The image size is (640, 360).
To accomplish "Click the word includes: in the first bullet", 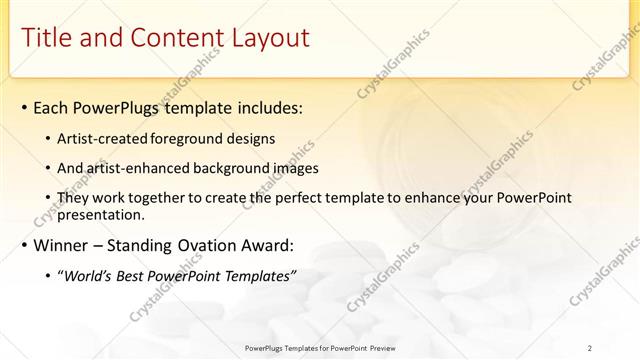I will (x=266, y=107).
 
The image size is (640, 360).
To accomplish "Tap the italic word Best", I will (x=135, y=276).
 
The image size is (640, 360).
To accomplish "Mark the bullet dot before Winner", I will (x=23, y=246).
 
